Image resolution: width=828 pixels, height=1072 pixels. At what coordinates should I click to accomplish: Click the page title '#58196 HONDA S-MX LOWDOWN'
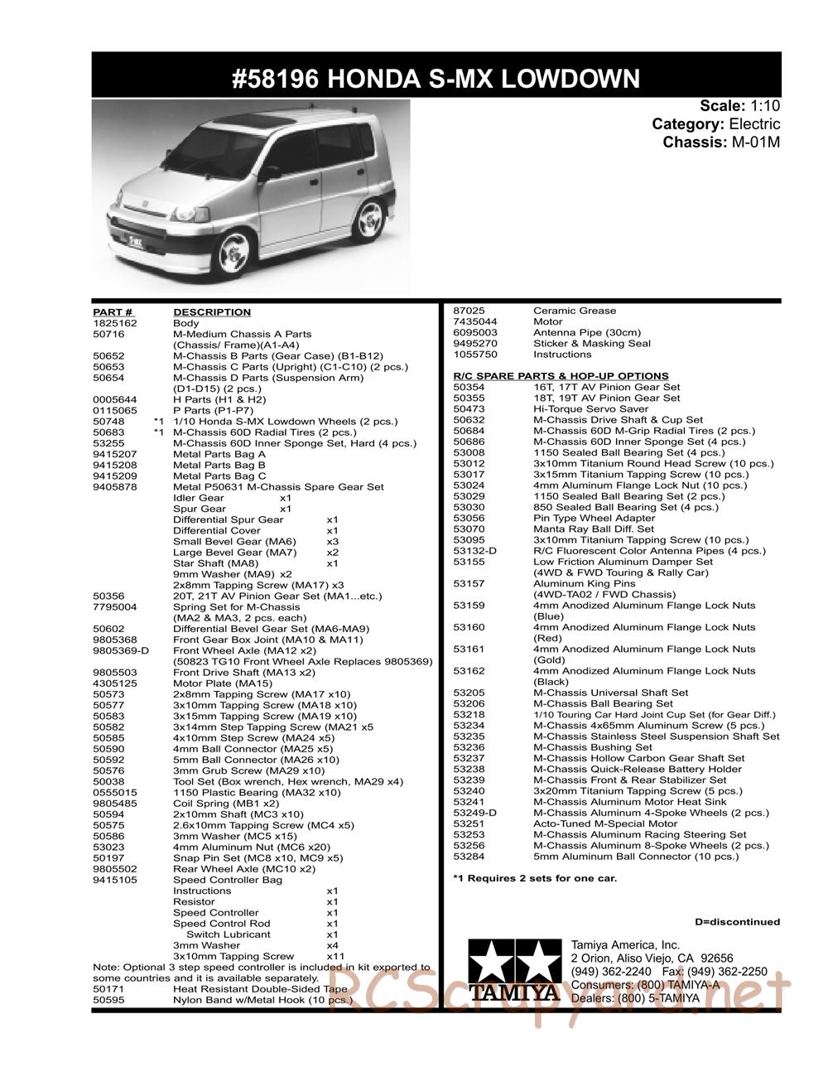(436, 79)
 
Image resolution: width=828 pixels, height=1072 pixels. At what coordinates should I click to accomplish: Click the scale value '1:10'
(765, 106)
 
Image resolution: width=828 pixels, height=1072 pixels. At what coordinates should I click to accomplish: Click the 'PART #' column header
(113, 312)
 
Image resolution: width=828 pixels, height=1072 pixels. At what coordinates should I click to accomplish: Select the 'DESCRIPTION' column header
(212, 312)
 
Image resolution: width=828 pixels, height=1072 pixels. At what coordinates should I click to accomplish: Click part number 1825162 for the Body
(115, 323)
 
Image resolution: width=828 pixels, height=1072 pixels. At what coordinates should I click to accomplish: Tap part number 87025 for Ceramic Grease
(469, 311)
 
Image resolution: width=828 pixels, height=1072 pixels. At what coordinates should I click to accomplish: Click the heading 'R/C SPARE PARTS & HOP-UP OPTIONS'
(561, 376)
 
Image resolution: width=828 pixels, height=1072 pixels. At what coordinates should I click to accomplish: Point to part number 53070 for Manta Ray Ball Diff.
(469, 529)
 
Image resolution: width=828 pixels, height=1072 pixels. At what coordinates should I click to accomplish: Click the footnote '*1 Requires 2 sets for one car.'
(535, 878)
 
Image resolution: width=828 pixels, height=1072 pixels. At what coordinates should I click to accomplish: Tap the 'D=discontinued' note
(737, 922)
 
